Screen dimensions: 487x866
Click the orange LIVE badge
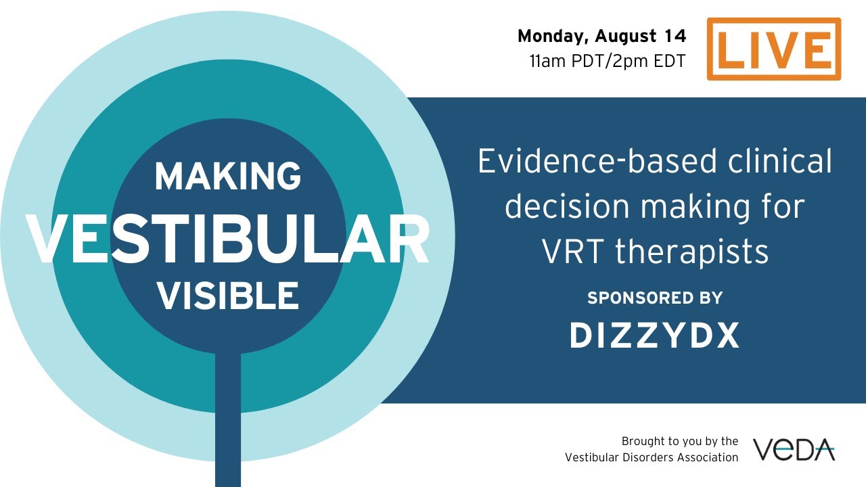773,49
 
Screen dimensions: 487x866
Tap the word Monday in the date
546,36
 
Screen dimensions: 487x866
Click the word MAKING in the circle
227,177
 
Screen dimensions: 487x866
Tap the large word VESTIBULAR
227,239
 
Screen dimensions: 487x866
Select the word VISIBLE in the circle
227,296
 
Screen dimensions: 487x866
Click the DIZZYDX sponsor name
654,335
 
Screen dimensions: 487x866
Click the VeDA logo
794,449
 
